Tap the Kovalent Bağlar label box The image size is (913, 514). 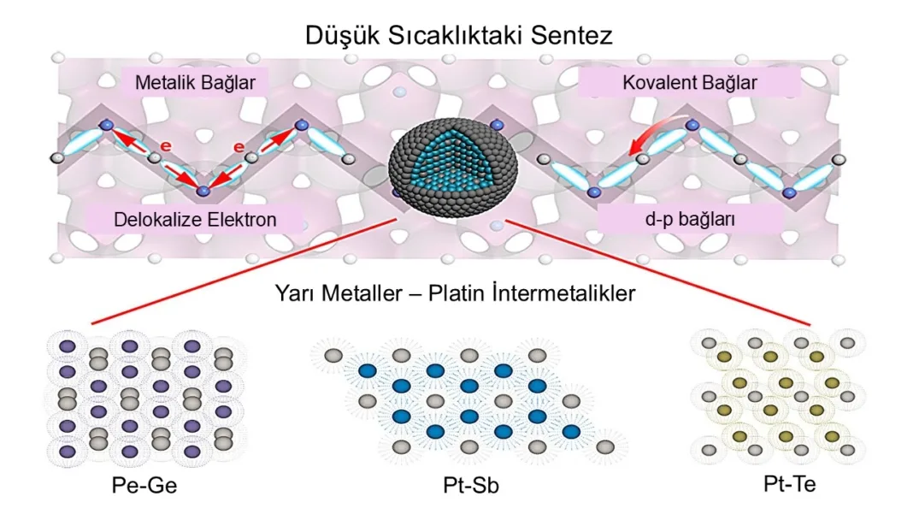[x=690, y=83]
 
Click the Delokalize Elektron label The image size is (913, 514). [x=195, y=220]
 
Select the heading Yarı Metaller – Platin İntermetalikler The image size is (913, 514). [x=455, y=294]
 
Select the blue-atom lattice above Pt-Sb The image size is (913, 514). [x=468, y=399]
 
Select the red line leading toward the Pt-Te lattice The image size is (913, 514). [x=658, y=273]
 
